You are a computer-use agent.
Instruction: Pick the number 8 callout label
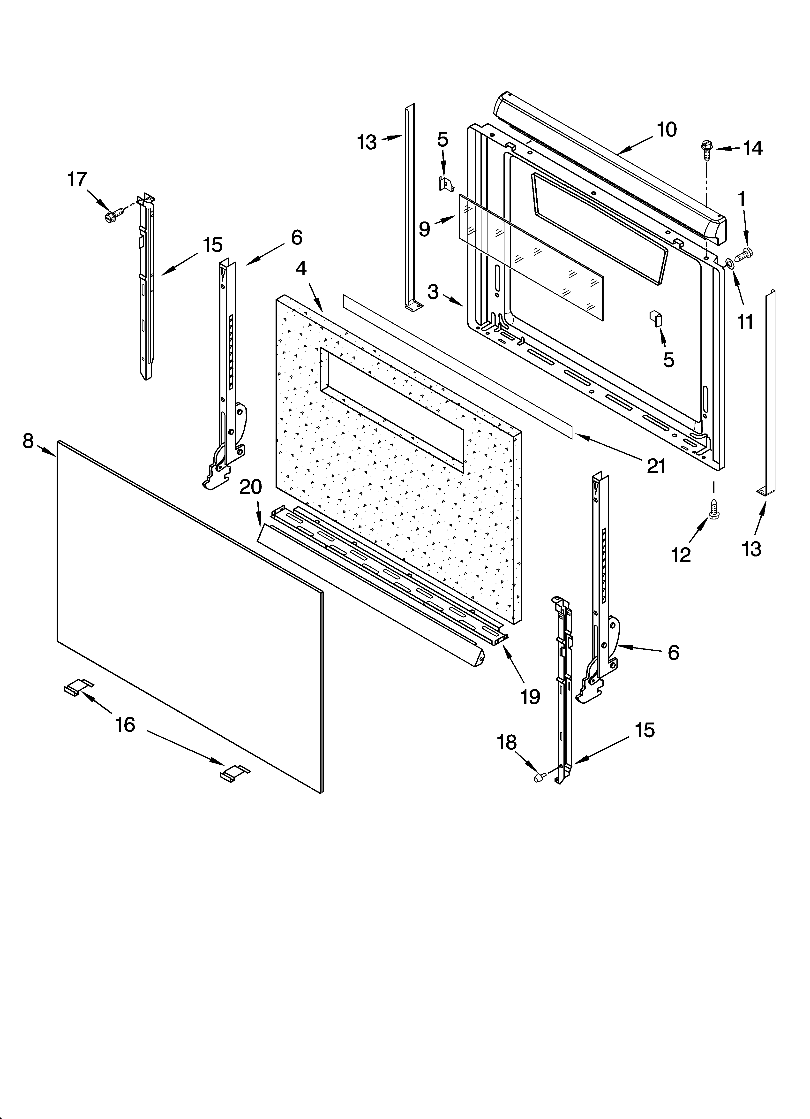click(28, 441)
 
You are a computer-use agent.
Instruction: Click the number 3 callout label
click(433, 292)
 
